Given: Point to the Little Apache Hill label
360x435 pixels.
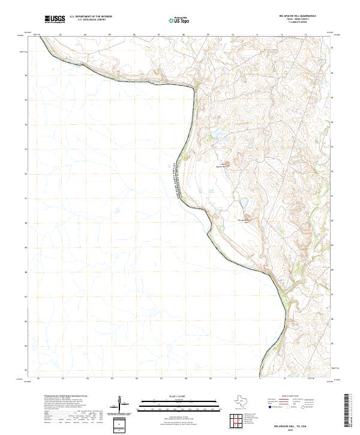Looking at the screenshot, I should pos(223,166).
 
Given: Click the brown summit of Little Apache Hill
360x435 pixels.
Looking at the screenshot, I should pos(236,161).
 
